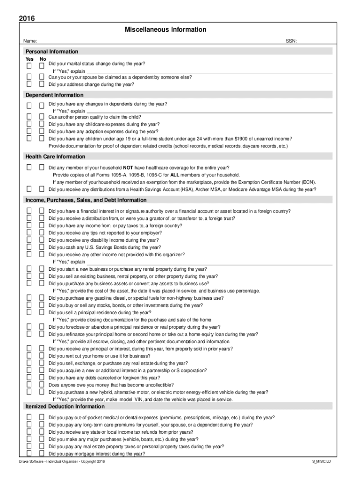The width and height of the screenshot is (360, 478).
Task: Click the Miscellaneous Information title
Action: coord(166,30)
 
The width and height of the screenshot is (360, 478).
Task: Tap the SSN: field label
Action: coord(291,42)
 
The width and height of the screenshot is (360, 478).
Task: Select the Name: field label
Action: coord(32,42)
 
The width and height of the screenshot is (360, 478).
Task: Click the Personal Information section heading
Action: coord(52,51)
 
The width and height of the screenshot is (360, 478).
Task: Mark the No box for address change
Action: coord(42,84)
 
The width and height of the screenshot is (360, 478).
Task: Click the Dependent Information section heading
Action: coord(54,95)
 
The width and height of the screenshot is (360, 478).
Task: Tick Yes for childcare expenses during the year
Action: coord(29,124)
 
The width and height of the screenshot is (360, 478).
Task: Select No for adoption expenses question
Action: coord(42,131)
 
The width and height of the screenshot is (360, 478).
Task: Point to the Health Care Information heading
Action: coord(55,157)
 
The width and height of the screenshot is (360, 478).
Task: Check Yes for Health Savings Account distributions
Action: coord(29,190)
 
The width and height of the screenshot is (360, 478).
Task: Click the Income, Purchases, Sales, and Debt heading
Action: coord(86,200)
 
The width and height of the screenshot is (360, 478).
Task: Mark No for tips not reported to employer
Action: coord(42,232)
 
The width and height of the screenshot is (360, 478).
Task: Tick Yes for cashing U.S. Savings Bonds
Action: coord(29,247)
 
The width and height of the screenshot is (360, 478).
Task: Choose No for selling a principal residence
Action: coord(42,312)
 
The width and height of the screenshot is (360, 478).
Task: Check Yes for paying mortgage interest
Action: coord(29,453)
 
